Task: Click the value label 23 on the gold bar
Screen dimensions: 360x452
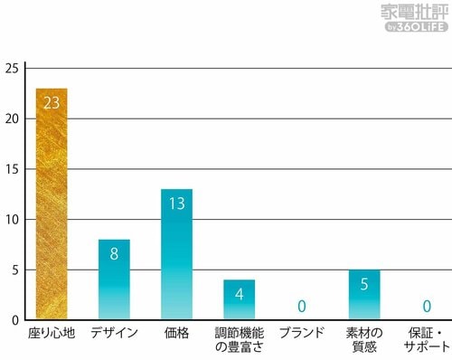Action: (x=52, y=103)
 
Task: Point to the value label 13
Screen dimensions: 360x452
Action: (x=176, y=204)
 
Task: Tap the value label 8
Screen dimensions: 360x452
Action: (x=114, y=254)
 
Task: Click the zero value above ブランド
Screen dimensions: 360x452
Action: (x=302, y=307)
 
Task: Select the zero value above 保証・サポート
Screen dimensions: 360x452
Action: (x=427, y=307)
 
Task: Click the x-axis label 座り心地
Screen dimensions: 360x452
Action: (x=52, y=333)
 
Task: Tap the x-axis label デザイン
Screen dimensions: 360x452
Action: (x=114, y=333)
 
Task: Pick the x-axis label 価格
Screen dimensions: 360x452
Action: (x=176, y=333)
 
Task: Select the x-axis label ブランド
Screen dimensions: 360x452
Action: (x=302, y=333)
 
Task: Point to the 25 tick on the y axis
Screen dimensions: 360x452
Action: (x=11, y=69)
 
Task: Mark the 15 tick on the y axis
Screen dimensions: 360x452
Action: (x=11, y=169)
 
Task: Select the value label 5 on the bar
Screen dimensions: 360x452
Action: (x=364, y=284)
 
